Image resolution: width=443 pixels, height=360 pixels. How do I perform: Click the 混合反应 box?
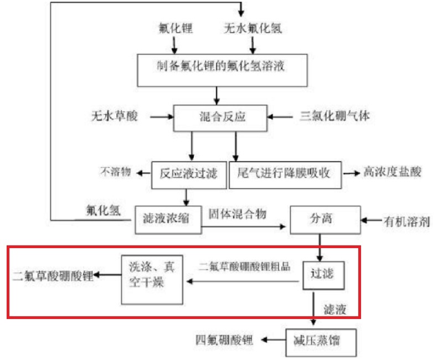221,117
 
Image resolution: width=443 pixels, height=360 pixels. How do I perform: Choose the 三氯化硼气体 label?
334,117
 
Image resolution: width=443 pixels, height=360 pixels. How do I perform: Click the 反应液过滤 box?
189,173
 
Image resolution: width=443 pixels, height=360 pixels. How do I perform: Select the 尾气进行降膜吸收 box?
284,173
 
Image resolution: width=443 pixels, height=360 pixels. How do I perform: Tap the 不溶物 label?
116,171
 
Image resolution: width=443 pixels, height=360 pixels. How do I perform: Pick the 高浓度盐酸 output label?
393,172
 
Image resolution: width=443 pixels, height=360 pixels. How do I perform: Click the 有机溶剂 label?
408,222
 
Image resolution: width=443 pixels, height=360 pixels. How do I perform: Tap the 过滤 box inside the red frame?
323,274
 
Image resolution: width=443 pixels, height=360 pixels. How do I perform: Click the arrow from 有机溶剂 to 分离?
371,221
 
